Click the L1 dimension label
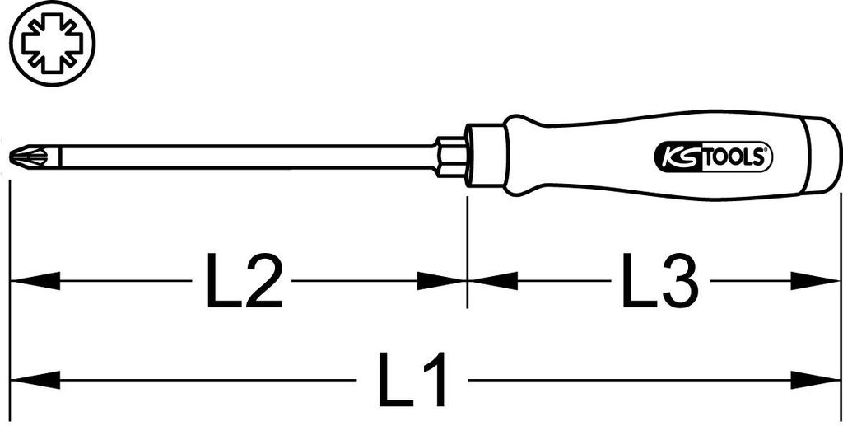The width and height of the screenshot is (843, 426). (x=412, y=379)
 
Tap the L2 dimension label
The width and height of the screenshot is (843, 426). (x=244, y=281)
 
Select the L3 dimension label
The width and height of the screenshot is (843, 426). (x=661, y=281)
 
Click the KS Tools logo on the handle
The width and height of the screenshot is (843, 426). (x=713, y=157)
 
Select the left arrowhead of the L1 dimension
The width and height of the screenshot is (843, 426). (x=35, y=381)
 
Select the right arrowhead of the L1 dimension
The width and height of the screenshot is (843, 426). (x=815, y=381)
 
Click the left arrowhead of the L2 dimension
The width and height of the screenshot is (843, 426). (x=35, y=281)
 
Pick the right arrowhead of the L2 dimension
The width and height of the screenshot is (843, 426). (x=442, y=281)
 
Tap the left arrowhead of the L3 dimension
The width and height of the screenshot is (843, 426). (x=492, y=281)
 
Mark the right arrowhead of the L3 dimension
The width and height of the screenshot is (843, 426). (x=815, y=281)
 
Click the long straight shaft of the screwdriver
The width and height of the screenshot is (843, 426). (x=247, y=157)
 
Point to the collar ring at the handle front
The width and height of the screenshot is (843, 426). (x=486, y=157)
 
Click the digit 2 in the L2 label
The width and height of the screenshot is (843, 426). (x=263, y=281)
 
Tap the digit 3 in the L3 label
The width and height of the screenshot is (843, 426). (x=680, y=281)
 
